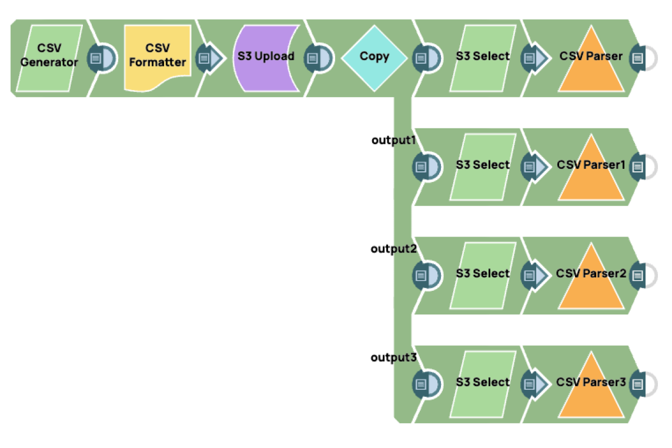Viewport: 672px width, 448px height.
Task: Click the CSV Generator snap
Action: (49, 58)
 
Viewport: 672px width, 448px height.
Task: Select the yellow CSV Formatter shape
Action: (158, 58)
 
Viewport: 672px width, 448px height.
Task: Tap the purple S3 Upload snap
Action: (266, 58)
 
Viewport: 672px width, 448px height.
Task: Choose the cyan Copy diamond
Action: (375, 57)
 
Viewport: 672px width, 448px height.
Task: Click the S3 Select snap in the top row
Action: (483, 58)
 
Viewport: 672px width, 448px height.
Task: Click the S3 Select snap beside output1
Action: (483, 166)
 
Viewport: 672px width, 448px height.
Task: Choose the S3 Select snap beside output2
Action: (483, 274)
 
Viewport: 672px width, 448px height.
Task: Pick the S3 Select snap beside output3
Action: (483, 383)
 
